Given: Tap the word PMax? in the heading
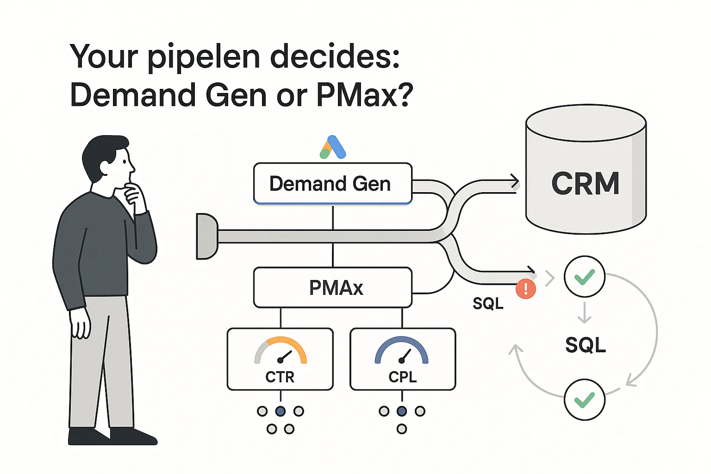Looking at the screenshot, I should pos(364,95).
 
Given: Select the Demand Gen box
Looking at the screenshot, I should pos(332,184).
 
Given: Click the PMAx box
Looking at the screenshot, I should pos(332,287).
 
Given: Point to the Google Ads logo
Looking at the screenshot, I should pos(333,147).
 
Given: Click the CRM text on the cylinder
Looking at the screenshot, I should pos(586,183).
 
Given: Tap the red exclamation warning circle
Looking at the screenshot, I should pos(526,289).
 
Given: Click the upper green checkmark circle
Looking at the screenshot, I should pos(584,276).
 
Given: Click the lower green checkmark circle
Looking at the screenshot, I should pos(584,399).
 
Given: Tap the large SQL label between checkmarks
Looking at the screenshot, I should pos(586,345).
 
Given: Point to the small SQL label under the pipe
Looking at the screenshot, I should pos(488,304).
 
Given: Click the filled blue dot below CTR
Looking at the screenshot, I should pos(281,411).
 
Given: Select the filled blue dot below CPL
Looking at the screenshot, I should pos(402,411).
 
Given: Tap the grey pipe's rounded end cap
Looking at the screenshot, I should pos(206,236).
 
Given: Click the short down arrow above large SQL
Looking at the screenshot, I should pos(585,312).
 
